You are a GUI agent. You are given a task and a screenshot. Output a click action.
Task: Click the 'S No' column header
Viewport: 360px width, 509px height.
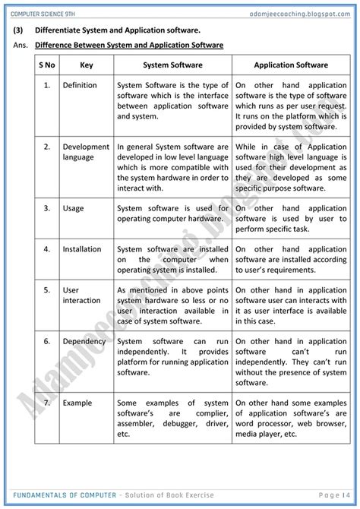point(47,65)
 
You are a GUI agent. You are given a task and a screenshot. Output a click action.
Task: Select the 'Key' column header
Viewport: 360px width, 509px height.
point(87,65)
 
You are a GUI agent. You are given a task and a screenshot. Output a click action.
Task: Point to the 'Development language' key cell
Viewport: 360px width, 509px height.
point(87,152)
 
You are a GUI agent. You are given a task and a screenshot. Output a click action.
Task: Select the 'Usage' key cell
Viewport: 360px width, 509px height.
point(74,208)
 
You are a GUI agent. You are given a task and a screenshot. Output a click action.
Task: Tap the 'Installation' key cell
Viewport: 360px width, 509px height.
point(82,249)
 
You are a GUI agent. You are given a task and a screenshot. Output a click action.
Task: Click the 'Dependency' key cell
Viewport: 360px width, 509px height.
point(85,342)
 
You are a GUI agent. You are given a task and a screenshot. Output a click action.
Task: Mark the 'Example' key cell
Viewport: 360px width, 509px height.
point(77,403)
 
